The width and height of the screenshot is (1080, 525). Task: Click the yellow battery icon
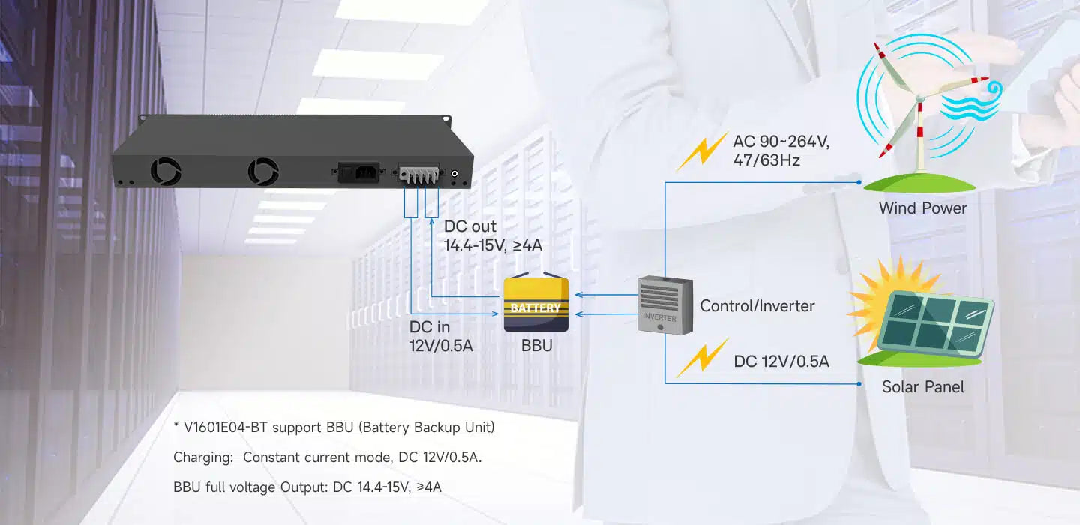pos(535,304)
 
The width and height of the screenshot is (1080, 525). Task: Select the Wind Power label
pos(922,208)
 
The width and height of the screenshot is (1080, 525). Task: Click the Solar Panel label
pos(922,387)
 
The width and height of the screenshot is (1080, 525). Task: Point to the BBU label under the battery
pos(536,346)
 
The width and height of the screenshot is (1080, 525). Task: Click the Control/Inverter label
pos(757,306)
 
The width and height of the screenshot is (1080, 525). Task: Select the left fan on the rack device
pos(166,170)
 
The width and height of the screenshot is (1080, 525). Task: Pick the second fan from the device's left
pos(263,170)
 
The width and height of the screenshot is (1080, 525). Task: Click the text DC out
pos(470,226)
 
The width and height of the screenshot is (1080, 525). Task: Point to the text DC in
pos(430,327)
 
